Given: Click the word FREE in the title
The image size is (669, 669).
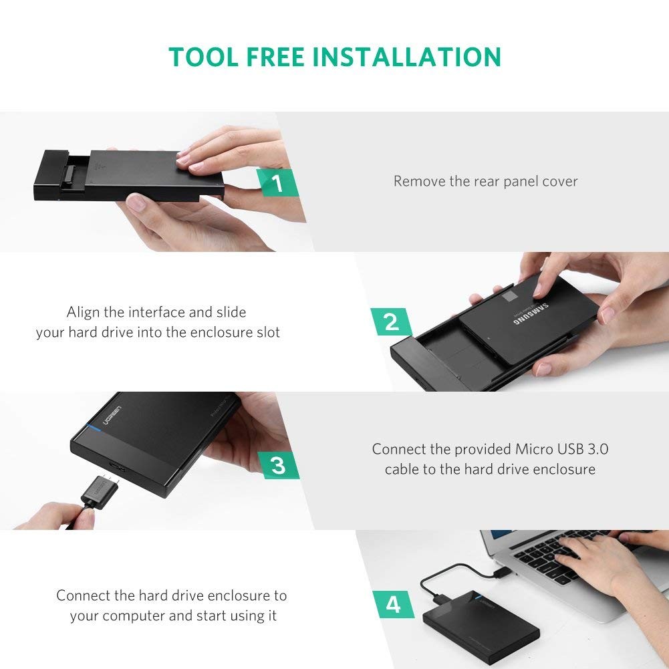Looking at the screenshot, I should (273, 57).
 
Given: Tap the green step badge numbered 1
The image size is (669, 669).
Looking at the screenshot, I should (278, 182).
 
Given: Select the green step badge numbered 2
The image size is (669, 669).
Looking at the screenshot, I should (391, 322).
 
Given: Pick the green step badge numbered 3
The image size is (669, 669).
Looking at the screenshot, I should (278, 464).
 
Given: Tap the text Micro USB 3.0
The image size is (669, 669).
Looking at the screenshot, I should (561, 448).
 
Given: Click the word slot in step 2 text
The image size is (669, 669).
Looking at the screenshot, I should (267, 332).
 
